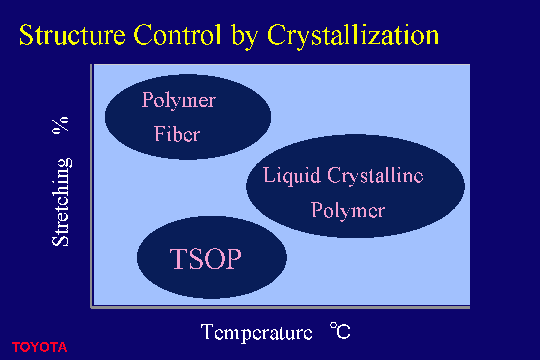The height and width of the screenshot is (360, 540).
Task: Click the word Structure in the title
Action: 72,35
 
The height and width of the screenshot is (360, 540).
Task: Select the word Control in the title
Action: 178,35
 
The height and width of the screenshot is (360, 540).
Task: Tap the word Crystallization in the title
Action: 353,37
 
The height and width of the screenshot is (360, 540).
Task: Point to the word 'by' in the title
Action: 245,37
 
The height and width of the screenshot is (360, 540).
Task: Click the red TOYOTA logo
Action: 39,347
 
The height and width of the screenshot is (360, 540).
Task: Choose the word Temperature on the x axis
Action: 257,333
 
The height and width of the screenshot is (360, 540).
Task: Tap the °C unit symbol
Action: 340,331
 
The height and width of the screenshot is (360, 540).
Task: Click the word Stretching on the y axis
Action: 61,202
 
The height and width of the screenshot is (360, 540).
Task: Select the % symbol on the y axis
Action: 60,125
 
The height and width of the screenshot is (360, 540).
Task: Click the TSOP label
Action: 206,258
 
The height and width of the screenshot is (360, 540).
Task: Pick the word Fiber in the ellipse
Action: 177,134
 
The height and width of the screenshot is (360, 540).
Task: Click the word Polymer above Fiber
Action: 178,101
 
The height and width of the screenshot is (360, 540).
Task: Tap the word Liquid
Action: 292,176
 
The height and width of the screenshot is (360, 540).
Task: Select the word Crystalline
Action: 375,176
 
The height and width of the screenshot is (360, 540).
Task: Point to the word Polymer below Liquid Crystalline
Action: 348,211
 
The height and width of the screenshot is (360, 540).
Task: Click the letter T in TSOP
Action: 179,258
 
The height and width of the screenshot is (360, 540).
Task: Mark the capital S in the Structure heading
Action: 27,35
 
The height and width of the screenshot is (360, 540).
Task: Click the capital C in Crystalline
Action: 335,175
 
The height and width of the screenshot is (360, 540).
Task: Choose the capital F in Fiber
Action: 160,134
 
